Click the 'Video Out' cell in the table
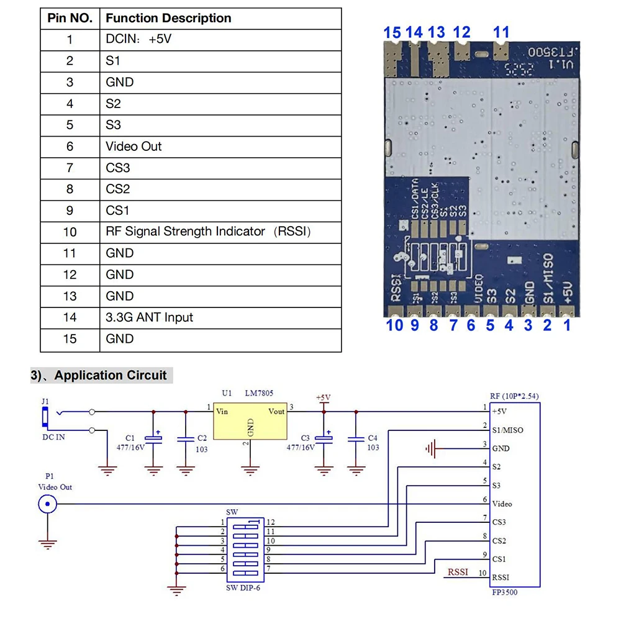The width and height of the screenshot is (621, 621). point(134,147)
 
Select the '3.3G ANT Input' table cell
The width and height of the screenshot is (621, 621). point(149,317)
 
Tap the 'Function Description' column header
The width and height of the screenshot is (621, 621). point(168,18)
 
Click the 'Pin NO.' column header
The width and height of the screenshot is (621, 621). point(70,18)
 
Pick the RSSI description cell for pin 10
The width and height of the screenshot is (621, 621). point(208,232)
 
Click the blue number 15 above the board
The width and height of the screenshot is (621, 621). point(392,32)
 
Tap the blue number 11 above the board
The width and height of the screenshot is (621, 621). point(501,32)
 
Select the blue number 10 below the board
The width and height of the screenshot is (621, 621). point(394,325)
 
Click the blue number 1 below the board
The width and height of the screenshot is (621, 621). point(567,325)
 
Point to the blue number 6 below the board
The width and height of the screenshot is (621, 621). point(471,325)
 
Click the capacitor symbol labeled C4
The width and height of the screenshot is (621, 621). point(355,438)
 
